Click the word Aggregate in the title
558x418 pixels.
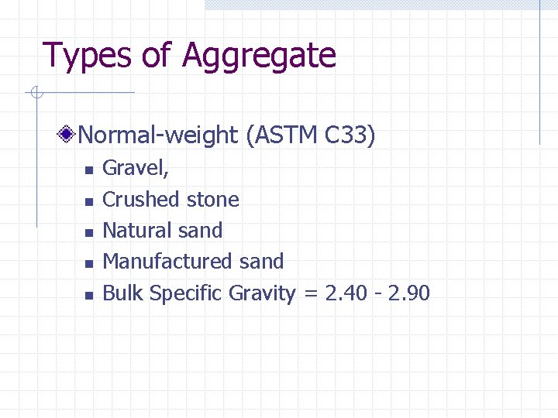259,57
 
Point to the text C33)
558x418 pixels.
350,135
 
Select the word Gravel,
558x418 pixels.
136,168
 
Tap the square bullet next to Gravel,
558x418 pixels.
89,170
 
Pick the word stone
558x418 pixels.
212,200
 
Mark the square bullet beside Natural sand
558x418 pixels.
89,232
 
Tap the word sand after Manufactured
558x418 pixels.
261,262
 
